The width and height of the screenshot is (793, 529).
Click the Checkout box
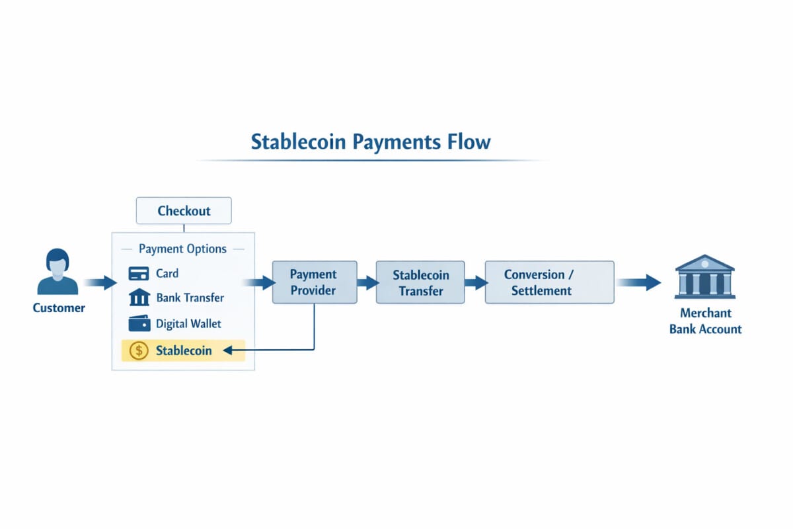184,211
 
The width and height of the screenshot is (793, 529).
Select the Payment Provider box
314,282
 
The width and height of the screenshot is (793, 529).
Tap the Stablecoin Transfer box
421,282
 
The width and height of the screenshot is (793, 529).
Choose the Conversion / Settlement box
549,282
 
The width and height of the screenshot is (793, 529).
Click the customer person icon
57,272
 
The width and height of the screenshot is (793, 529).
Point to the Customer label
59,308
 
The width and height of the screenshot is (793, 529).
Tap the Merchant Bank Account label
705,321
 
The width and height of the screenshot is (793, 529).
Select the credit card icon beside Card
139,274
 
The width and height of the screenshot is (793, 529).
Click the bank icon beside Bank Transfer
139,298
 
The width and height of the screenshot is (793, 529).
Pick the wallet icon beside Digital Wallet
139,324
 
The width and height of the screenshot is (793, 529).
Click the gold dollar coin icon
139,350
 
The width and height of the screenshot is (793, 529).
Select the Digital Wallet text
188,324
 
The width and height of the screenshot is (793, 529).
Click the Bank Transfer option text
190,298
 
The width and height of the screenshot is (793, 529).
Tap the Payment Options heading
182,249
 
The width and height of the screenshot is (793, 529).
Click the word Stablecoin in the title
299,142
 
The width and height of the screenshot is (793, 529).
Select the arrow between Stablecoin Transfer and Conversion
474,283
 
